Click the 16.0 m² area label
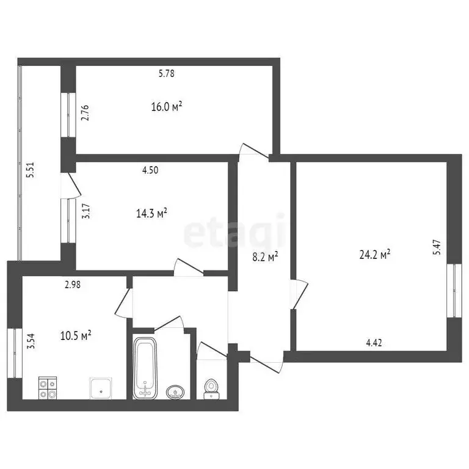167,107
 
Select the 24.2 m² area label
375,255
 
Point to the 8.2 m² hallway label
265,257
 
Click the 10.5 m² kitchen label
76,335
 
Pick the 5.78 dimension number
167,74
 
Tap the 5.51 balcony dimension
30,169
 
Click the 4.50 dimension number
150,170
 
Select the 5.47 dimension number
436,246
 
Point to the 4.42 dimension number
374,343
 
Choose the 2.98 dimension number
73,283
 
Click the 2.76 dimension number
85,114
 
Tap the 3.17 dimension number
86,211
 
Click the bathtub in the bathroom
145,368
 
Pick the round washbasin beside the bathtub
176,391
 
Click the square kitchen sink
101,387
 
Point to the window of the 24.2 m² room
454,291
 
